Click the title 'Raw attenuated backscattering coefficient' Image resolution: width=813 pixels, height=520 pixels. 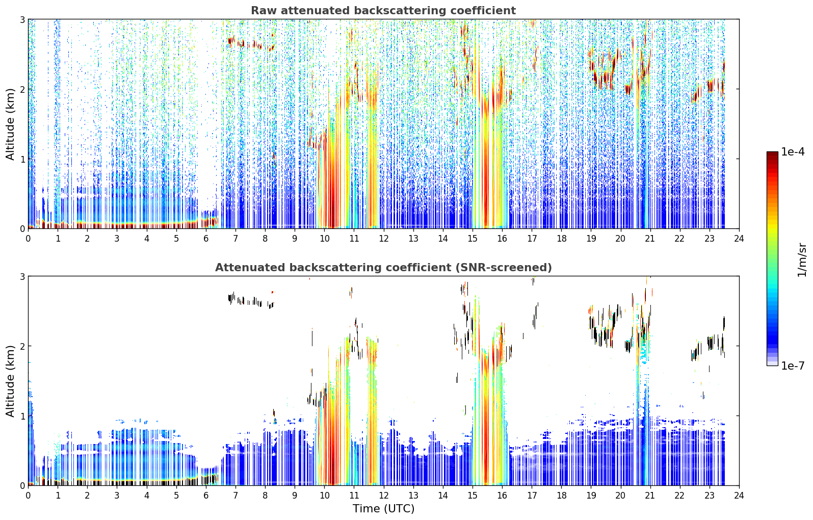click(383, 11)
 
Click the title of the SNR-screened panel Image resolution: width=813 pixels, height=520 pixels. click(383, 267)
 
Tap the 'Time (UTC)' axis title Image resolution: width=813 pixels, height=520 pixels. click(383, 508)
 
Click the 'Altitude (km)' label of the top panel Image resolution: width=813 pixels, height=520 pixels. click(10, 124)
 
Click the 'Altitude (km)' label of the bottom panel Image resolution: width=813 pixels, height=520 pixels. click(10, 381)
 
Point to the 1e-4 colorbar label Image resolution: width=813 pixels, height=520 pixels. click(793, 151)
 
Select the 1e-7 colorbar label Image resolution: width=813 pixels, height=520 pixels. click(793, 366)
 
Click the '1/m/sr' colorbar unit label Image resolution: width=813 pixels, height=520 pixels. click(802, 261)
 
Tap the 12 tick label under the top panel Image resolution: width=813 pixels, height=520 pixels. click(384, 239)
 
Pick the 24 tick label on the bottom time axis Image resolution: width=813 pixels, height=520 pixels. click(739, 496)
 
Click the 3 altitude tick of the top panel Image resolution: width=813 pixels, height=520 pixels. click(22, 19)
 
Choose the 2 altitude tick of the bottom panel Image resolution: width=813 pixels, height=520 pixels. click(22, 347)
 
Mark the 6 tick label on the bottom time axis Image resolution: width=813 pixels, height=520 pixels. click(206, 496)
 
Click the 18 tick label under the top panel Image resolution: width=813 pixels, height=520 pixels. click(562, 239)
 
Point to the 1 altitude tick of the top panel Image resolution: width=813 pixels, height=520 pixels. click(22, 159)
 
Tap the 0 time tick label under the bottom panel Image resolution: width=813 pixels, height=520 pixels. click(29, 496)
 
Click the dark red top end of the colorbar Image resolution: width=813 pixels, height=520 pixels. click(772, 153)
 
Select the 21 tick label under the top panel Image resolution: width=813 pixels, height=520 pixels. click(650, 239)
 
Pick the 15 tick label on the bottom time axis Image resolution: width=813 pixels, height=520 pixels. click(473, 496)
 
